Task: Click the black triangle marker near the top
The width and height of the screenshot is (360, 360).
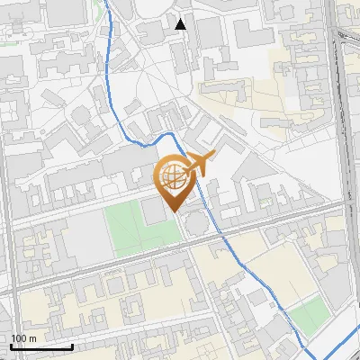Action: (x=181, y=23)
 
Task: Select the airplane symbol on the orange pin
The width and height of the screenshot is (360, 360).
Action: (x=200, y=164)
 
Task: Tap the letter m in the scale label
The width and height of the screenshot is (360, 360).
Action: (x=32, y=338)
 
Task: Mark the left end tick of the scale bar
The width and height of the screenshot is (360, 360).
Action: (x=11, y=346)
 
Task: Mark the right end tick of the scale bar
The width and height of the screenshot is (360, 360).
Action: (x=72, y=346)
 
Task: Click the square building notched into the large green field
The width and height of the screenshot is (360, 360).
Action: (x=153, y=210)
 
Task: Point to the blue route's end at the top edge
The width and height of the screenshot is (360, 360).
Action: (x=104, y=3)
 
